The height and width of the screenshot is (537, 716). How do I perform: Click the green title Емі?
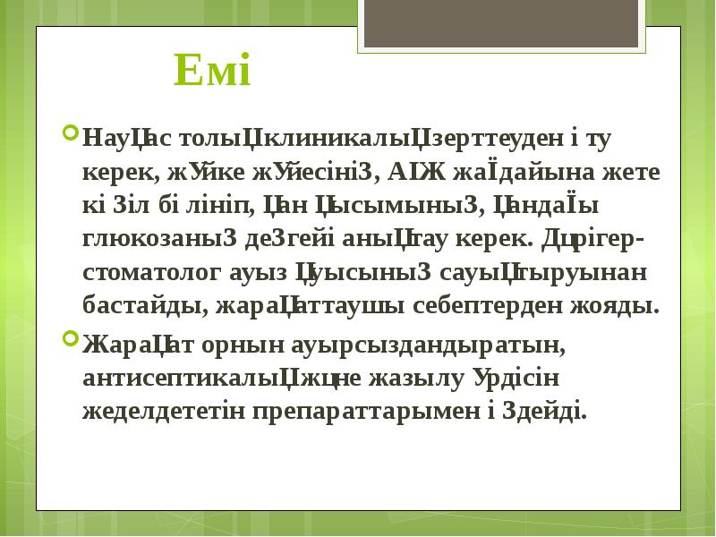212,71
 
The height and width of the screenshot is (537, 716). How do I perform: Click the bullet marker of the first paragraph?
70,136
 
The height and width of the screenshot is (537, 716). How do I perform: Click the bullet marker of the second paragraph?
70,339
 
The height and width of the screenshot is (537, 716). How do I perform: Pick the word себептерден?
489,305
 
